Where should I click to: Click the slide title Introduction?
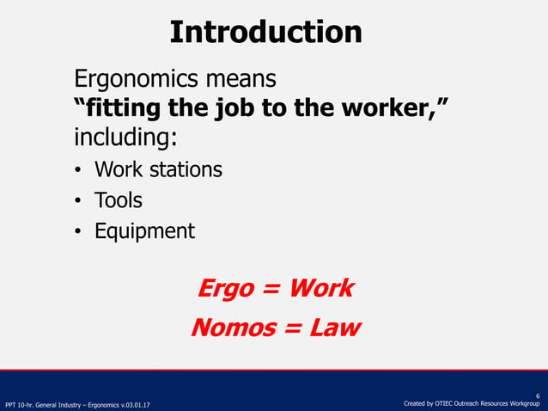[265, 32]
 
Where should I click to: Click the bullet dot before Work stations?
[78, 170]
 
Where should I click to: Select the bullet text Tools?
[119, 200]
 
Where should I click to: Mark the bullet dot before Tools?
[78, 201]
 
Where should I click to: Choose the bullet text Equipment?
[144, 231]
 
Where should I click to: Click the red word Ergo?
[226, 288]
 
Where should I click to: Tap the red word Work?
[320, 288]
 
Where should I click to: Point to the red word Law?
[331, 328]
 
